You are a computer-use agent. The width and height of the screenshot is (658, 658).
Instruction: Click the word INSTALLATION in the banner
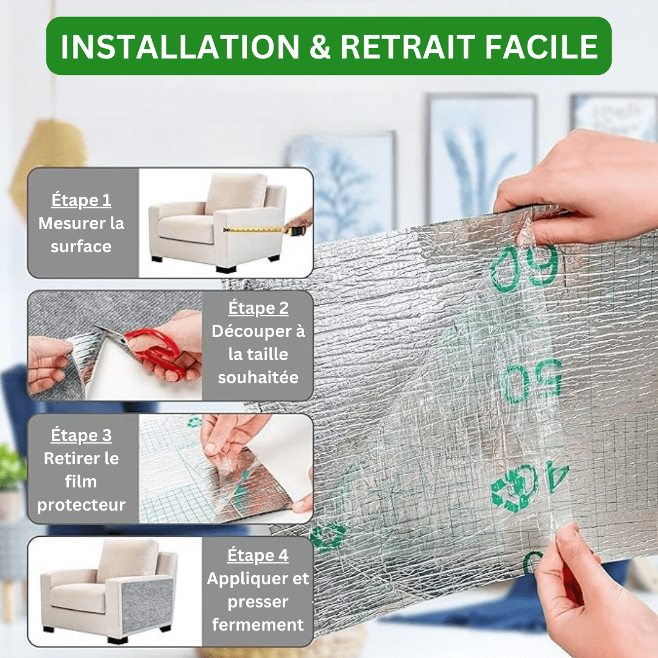click(180, 46)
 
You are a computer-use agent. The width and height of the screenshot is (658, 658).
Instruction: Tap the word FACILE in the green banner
click(541, 46)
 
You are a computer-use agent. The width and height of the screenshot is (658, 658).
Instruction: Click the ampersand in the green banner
click(320, 46)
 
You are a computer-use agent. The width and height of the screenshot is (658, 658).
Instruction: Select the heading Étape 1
click(81, 200)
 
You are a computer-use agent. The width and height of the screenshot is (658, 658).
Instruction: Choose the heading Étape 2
click(258, 308)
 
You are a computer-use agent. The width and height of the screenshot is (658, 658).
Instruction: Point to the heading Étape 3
click(81, 435)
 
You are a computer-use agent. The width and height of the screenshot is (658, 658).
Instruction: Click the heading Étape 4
click(258, 555)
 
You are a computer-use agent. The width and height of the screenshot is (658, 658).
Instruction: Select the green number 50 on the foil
click(532, 381)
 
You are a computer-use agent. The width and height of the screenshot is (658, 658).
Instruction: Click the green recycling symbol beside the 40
click(514, 489)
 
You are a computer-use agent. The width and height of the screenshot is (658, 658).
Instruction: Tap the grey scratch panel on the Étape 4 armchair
click(147, 605)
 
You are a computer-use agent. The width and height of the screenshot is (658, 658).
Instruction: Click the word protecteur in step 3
click(81, 505)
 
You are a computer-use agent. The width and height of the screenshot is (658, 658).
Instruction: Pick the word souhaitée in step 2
click(258, 377)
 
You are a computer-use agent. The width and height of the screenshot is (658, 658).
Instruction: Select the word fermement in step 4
click(258, 624)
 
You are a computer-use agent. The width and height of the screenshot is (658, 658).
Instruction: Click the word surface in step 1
click(81, 246)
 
